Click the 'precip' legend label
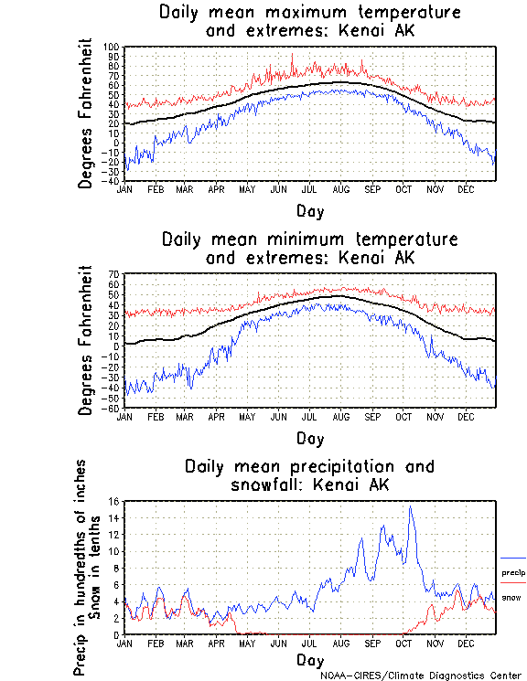tap(513, 572)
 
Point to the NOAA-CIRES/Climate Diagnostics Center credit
tap(422, 676)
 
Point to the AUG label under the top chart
tap(340, 189)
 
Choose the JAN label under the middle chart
tap(125, 416)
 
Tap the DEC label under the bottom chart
tap(465, 643)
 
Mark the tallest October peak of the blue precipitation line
tap(411, 507)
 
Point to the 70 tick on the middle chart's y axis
tap(115, 274)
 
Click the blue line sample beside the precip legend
tap(513, 558)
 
